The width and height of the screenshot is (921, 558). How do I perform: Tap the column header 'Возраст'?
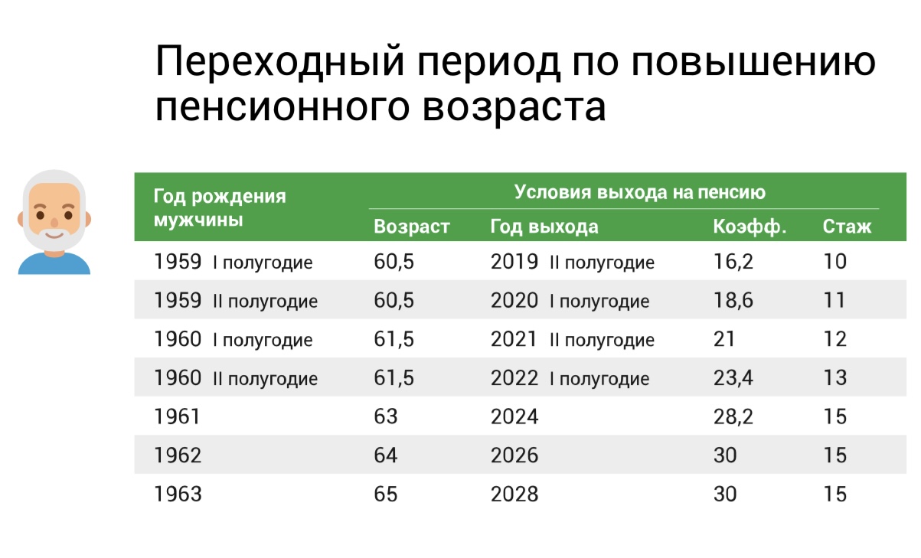coord(411,227)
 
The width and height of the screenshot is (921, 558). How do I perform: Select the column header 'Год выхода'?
coord(544,227)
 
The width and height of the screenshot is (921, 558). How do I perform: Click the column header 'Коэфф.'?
coord(750,227)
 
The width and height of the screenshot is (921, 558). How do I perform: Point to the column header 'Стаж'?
coord(847,227)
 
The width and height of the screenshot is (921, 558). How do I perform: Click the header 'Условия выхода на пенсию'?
coord(639,191)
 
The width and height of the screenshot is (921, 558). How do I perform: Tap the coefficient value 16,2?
coord(733,262)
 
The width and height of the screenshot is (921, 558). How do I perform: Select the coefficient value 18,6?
coord(733,300)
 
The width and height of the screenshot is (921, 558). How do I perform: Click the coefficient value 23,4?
coord(733,377)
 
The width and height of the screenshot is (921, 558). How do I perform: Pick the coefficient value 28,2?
coord(733,416)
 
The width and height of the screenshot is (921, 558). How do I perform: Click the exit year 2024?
coord(514,416)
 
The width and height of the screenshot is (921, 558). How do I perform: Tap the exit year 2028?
coord(514,494)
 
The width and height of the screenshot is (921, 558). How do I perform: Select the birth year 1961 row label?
coord(178,416)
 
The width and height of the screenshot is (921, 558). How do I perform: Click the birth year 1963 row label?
coord(178,494)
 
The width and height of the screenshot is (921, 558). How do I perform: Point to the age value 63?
coord(386,416)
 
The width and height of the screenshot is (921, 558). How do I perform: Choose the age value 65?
coord(386,494)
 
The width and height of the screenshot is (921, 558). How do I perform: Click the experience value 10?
coord(835,262)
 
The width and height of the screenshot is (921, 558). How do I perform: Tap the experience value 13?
coord(835,377)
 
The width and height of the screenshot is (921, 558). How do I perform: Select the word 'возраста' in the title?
coord(514,108)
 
